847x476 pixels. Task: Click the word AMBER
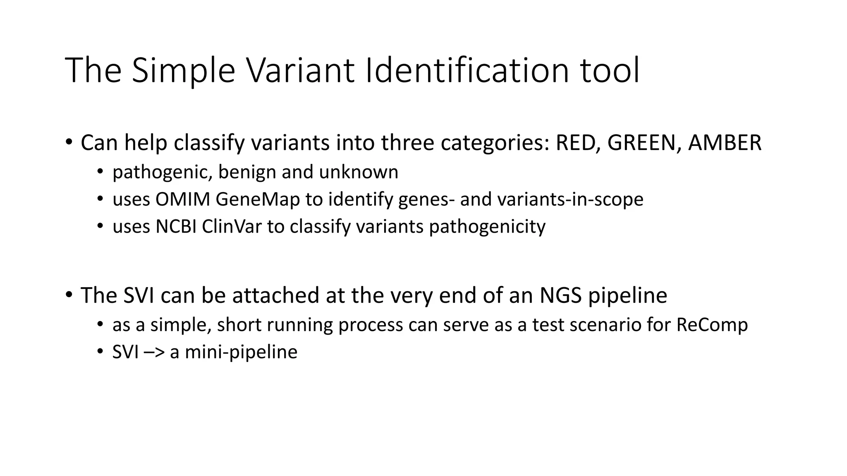click(725, 143)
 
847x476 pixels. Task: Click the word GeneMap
click(258, 200)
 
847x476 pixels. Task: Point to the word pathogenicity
click(487, 227)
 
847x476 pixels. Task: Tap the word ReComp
click(712, 325)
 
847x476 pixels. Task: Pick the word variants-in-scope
click(570, 200)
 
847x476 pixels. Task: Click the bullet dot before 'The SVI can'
click(69, 295)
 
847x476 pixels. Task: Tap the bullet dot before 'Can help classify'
click(69, 142)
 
